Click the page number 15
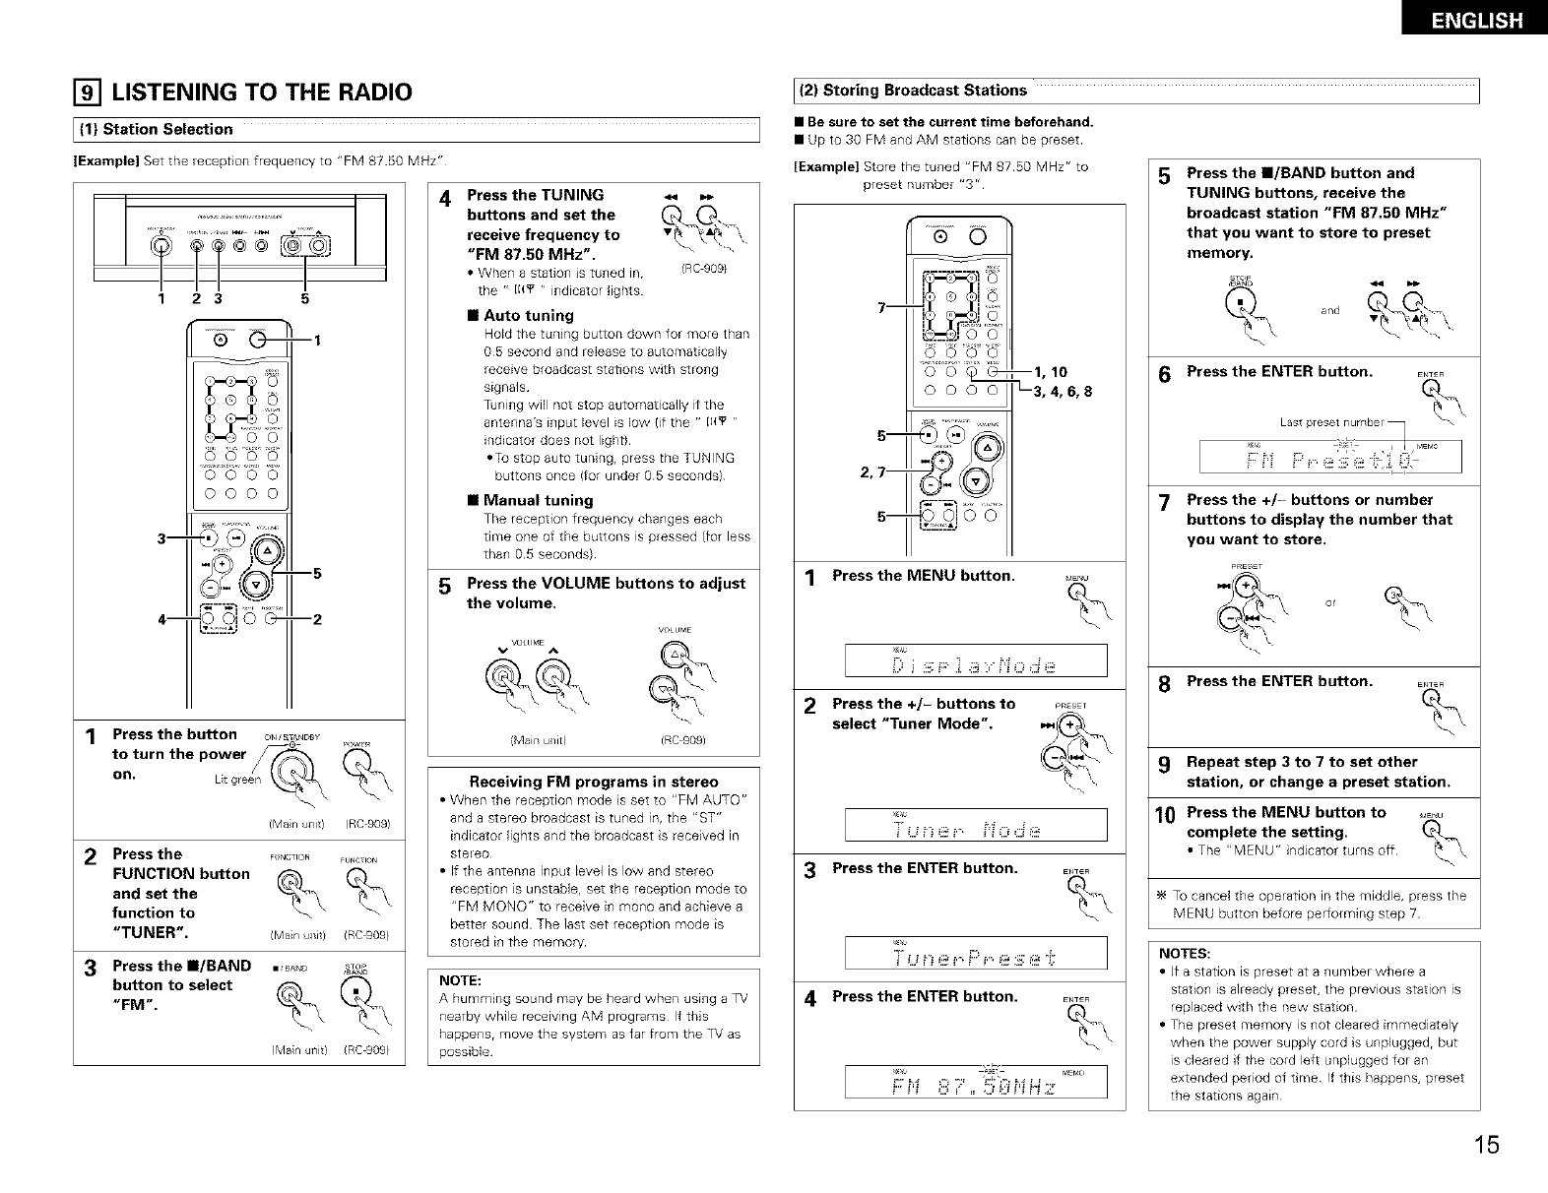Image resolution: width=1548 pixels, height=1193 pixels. click(1487, 1145)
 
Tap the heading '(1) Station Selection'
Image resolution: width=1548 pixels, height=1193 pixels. click(167, 129)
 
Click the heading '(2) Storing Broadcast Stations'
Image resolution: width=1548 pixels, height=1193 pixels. click(912, 91)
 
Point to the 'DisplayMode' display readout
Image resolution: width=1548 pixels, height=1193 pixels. click(975, 660)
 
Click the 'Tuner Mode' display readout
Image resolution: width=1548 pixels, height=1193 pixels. click(975, 826)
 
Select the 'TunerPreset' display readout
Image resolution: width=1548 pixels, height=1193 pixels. click(975, 956)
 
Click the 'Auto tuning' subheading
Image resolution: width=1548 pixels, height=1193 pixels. click(528, 316)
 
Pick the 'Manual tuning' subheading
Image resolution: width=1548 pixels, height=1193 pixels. click(538, 500)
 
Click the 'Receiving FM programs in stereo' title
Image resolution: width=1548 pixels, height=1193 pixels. click(593, 782)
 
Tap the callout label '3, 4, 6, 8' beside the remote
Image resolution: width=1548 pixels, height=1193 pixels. click(1063, 392)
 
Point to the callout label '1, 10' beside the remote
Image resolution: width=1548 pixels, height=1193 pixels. click(1052, 372)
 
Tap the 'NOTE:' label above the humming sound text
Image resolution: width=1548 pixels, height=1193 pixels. click(458, 981)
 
